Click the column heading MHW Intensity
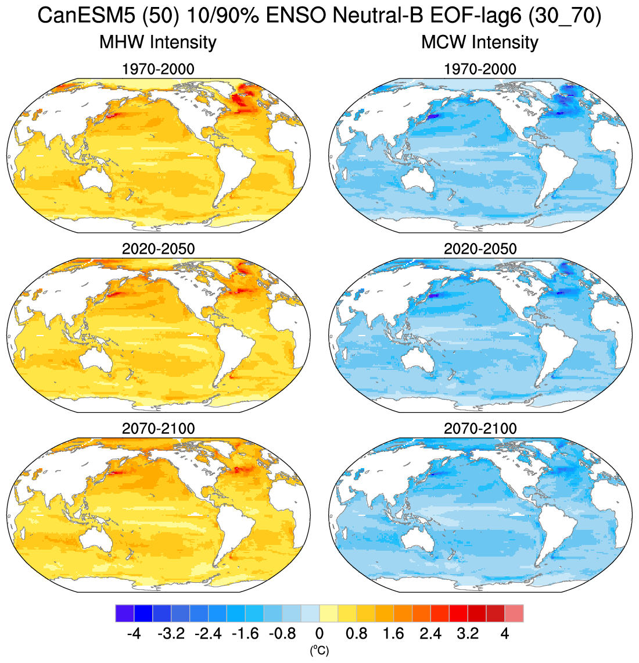[158, 42]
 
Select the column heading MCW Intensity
[480, 42]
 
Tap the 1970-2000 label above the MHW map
[158, 69]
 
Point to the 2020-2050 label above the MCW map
[480, 249]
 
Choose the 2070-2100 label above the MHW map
[158, 429]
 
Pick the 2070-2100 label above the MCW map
[480, 429]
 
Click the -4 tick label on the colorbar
[134, 633]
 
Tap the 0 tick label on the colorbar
[319, 633]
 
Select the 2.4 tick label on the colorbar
[430, 633]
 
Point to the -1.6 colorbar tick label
[245, 633]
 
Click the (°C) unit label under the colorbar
[319, 650]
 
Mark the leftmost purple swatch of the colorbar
[125, 614]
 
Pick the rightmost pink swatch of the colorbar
[514, 614]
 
